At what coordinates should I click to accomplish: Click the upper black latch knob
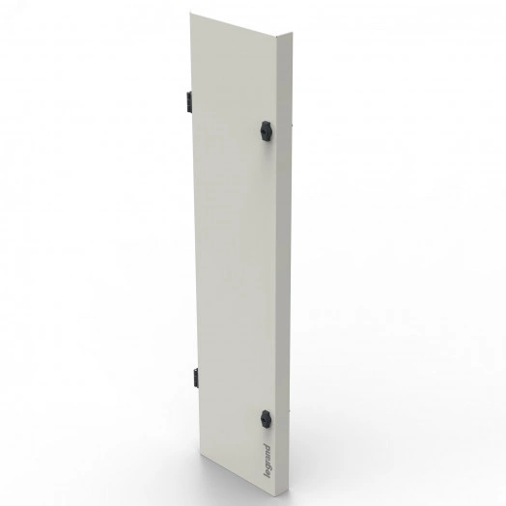click(x=266, y=130)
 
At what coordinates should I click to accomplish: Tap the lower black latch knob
click(x=266, y=419)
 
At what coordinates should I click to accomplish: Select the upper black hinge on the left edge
click(x=188, y=101)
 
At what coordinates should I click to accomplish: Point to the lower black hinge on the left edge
click(x=196, y=378)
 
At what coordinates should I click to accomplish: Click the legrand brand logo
click(x=267, y=461)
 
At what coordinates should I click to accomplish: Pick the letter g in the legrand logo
click(x=267, y=465)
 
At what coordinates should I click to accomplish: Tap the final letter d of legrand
click(x=267, y=447)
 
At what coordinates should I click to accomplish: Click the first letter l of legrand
click(x=267, y=477)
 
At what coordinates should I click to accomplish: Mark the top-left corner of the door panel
click(x=190, y=13)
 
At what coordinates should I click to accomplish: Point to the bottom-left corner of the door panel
click(x=201, y=454)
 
